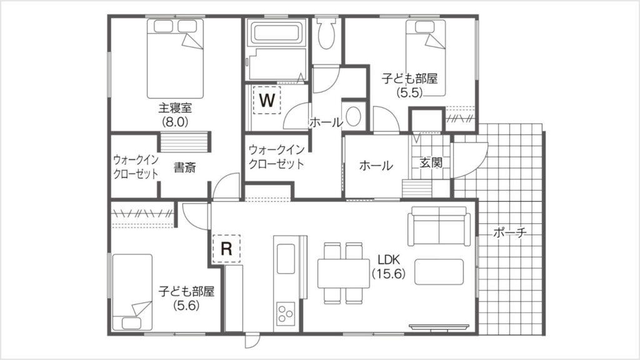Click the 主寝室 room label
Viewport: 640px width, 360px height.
click(175, 107)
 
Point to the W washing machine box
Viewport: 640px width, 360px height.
click(267, 100)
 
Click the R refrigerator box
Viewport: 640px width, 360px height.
click(227, 248)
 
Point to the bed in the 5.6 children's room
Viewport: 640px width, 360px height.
click(132, 291)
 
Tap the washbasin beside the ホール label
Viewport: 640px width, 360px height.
click(354, 117)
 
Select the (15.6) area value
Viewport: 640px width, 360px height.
click(388, 273)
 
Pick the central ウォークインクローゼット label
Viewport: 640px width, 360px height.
click(276, 157)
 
